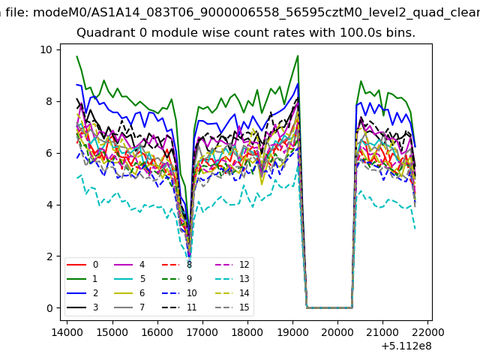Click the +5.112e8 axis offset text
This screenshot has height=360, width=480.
[406, 346]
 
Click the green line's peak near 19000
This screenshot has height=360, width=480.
[298, 55]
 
